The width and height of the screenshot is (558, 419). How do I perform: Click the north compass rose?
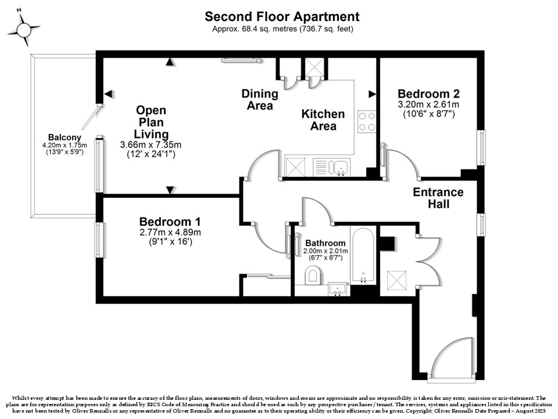click(23, 29)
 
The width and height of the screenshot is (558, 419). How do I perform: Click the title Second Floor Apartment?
click(282, 16)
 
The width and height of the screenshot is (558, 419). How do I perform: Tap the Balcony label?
click(65, 137)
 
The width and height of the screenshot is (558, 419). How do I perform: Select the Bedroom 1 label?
click(170, 222)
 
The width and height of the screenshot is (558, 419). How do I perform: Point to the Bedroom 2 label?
click(428, 94)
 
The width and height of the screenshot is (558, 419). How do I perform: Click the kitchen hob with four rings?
click(367, 122)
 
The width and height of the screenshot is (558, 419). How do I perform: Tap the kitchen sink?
click(340, 167)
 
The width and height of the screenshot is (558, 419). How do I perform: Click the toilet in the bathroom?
click(313, 277)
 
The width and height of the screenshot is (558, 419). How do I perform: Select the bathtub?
click(363, 255)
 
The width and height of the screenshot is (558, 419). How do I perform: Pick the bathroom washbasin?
click(338, 289)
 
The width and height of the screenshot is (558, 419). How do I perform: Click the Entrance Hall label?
click(438, 198)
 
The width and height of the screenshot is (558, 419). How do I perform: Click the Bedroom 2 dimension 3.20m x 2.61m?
click(428, 105)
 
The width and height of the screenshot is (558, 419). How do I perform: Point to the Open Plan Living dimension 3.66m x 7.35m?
click(151, 145)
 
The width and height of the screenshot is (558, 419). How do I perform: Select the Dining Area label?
click(260, 100)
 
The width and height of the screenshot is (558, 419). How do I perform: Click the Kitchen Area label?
click(323, 120)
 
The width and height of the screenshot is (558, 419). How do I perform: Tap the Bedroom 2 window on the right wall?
click(481, 147)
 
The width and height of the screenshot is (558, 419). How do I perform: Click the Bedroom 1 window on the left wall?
click(98, 240)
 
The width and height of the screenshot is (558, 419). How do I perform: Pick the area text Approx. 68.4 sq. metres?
click(255, 29)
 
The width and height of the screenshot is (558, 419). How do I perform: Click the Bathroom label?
click(325, 243)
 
